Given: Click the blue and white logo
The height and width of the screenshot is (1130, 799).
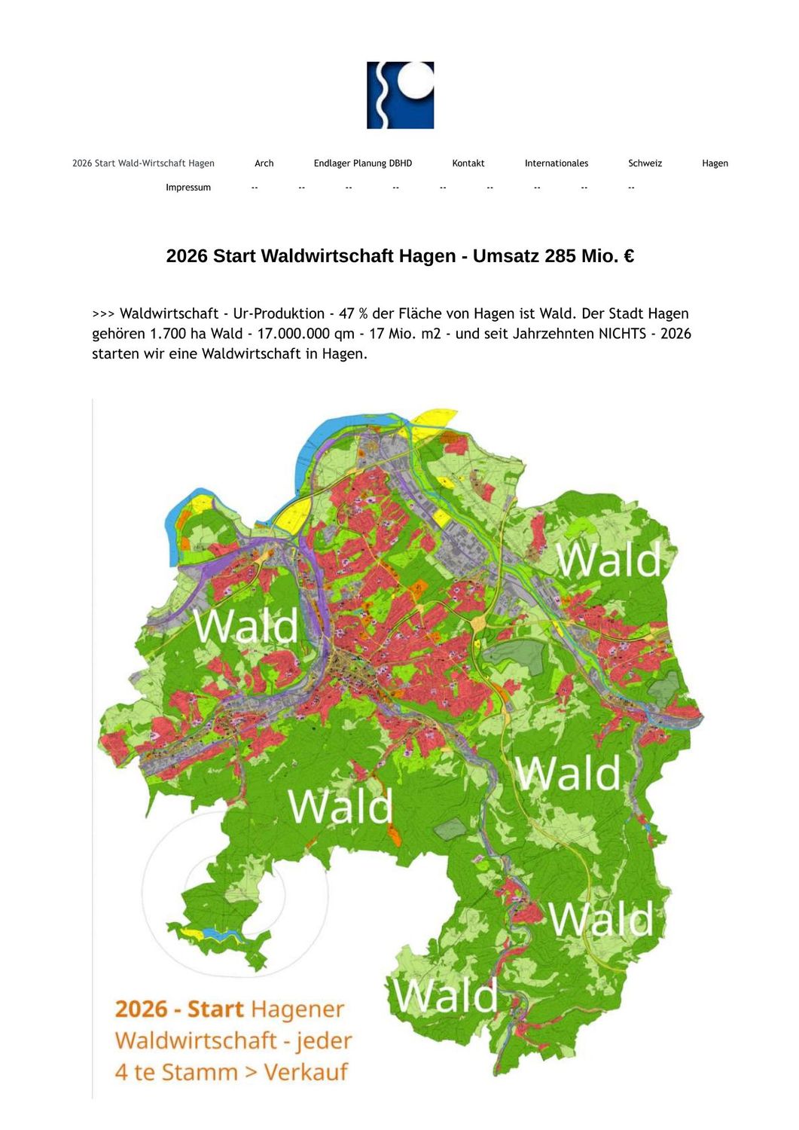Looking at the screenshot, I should click(400, 95).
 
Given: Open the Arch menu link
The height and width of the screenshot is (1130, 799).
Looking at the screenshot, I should click(264, 163).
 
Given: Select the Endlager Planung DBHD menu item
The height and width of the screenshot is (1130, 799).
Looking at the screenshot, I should click(362, 163).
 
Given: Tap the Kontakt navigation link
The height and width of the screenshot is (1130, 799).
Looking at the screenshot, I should click(468, 163).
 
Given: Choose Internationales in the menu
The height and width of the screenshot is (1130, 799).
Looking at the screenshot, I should click(556, 163).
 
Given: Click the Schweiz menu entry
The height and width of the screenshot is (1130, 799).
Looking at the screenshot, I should click(645, 163).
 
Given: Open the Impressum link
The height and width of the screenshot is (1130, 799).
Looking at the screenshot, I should click(188, 188).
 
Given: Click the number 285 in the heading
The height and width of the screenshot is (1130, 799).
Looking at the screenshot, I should click(560, 256).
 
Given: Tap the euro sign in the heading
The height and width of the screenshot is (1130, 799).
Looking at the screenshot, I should click(628, 256).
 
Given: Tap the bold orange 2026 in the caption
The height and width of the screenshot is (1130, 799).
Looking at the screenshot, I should click(141, 1009).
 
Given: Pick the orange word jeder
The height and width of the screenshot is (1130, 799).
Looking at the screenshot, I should click(324, 1040).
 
